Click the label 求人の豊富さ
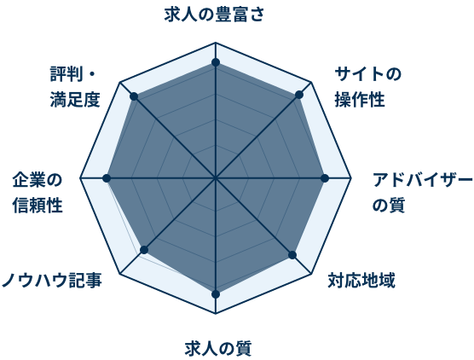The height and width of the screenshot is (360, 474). point(214,15)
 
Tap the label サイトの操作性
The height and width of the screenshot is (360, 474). point(368,87)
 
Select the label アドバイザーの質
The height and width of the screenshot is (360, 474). point(422,192)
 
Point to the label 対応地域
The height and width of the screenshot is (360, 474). point(361,281)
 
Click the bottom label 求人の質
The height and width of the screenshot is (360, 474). point(218,349)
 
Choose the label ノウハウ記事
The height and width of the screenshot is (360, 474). point(52,280)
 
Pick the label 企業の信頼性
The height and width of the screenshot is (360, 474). point(38,193)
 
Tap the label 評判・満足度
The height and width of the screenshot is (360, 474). point(75,87)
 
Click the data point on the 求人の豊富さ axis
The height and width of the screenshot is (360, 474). point(216,62)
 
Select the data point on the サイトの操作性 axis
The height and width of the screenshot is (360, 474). point(299,95)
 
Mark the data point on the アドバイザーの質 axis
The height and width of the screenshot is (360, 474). point(325,178)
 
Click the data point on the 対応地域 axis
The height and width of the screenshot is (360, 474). point(292,255)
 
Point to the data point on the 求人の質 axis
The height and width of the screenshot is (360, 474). point(216,294)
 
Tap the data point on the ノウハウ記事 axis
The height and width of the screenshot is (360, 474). point(144,250)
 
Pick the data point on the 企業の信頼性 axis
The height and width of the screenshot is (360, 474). point(107,178)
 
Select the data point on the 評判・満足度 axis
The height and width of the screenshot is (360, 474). point(134,96)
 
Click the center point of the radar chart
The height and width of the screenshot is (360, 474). point(216,178)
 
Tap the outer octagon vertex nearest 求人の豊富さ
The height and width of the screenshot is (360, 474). point(216,43)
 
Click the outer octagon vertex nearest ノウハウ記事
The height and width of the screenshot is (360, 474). point(120,274)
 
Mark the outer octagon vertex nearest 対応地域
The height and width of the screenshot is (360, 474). point(311,274)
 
